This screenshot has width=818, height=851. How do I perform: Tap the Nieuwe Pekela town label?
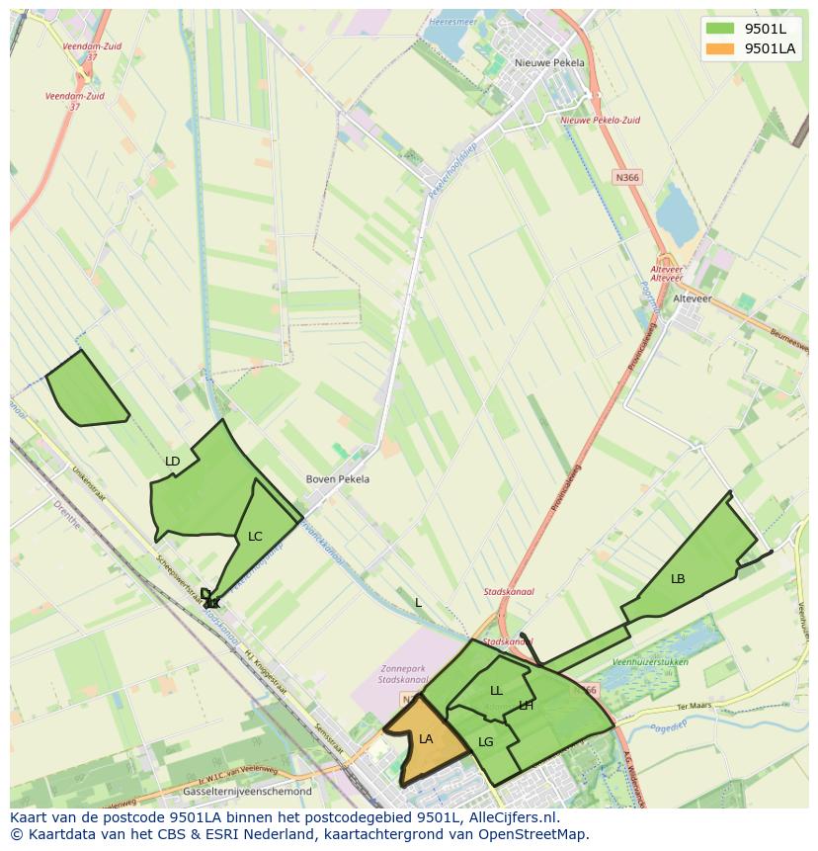coord(549,62)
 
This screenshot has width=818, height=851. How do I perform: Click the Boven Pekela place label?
coord(338,479)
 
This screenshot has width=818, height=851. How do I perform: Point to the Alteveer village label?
coord(692,298)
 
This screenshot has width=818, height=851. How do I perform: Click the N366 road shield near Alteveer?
coord(626,177)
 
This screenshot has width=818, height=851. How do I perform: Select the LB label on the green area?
coord(678,578)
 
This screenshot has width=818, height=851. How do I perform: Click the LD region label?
coord(173,462)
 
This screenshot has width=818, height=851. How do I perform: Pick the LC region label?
coord(255,537)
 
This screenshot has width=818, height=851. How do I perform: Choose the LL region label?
coord(496,691)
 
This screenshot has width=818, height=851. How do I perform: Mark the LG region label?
coord(485,742)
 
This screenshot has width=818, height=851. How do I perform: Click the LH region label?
coord(526,706)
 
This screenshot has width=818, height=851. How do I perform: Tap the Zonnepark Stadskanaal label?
coord(403,674)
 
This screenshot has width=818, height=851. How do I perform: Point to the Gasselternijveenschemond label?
coord(247,792)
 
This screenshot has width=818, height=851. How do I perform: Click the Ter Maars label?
coord(695,707)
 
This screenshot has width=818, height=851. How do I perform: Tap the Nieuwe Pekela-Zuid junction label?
coord(600,121)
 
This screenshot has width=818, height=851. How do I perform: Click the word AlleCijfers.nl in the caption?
coord(515,817)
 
